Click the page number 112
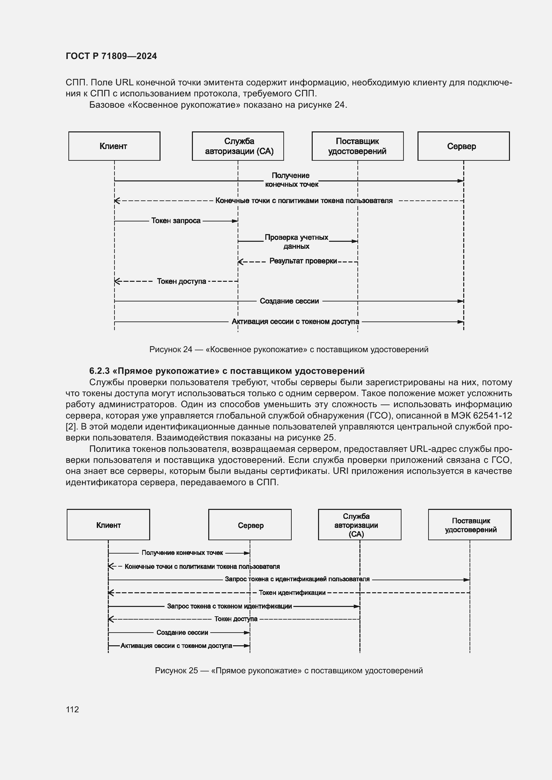[72, 709]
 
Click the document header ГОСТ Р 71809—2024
[111, 56]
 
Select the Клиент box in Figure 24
[114, 146]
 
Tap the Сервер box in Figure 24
[463, 146]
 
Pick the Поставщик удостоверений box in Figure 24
[357, 146]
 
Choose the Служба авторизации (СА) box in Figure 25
[360, 525]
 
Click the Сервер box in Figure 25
[250, 525]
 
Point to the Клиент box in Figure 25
[108, 525]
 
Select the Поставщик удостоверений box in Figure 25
[470, 525]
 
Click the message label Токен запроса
[176, 221]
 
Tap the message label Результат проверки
[303, 261]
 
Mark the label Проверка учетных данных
[296, 241]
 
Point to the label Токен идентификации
[292, 593]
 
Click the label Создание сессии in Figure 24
[289, 301]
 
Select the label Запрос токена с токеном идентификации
[229, 606]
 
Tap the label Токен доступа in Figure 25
[236, 619]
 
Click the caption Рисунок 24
[289, 349]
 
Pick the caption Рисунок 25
[289, 670]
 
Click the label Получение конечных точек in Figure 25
[182, 553]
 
